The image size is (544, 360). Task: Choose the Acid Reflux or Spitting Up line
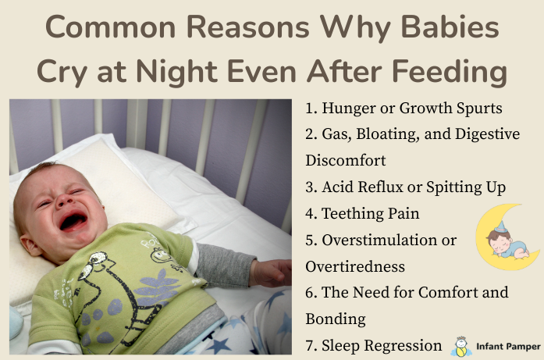point(406,187)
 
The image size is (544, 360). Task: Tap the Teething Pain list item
point(362,213)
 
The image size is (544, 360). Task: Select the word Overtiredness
point(355,266)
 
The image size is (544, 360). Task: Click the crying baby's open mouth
point(73,220)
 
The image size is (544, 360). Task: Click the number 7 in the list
point(310,345)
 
